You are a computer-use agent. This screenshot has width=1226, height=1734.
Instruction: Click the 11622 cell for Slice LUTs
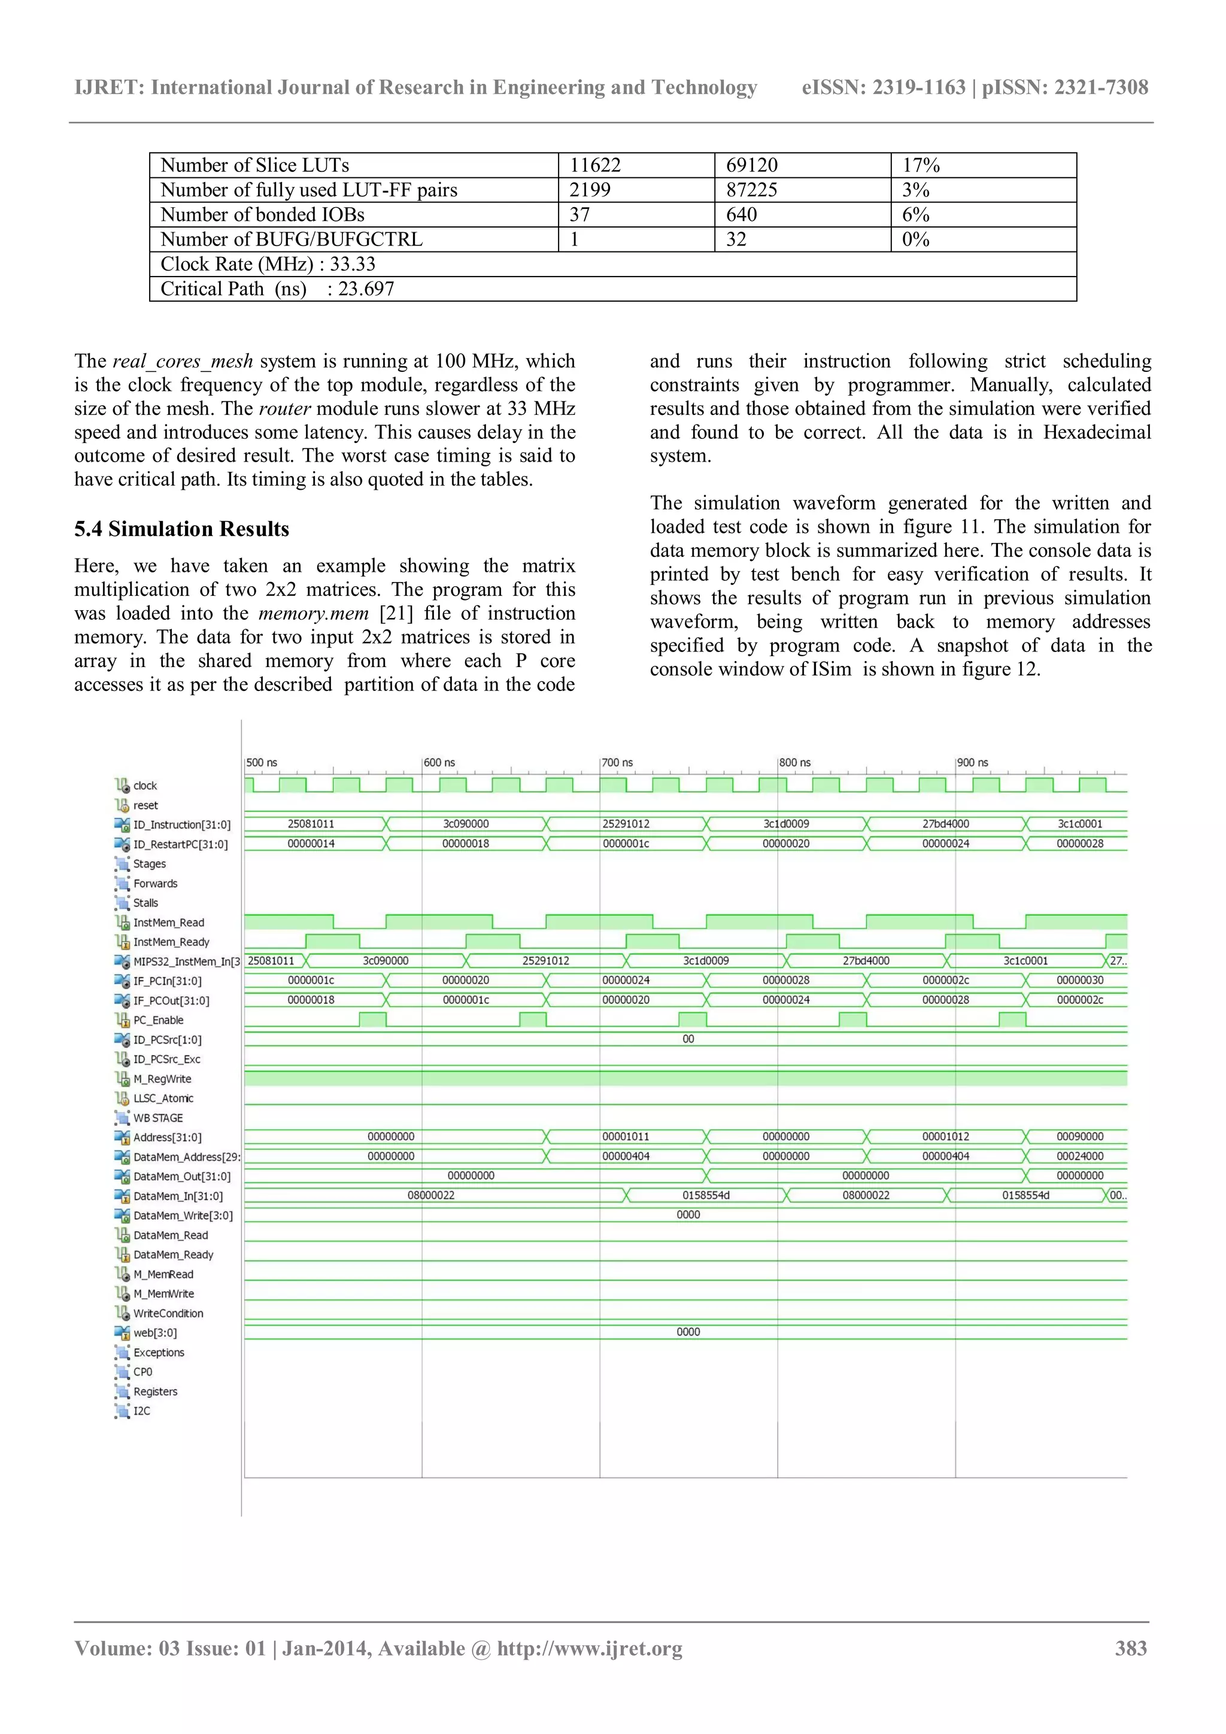[x=595, y=165]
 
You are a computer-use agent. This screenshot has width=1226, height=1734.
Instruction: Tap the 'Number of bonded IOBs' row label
[x=262, y=214]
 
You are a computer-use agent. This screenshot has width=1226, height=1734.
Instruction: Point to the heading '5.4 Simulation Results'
[x=181, y=529]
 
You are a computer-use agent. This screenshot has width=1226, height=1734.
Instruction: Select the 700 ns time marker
[x=618, y=763]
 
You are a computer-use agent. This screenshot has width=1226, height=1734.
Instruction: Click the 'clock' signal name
[x=145, y=786]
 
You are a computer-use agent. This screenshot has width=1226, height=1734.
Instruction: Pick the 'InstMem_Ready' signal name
[x=171, y=942]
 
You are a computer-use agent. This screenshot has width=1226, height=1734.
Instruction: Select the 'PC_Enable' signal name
[x=159, y=1020]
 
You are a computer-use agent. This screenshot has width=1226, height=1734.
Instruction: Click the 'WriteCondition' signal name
[x=168, y=1313]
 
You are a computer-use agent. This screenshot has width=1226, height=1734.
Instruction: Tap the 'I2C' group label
[x=142, y=1411]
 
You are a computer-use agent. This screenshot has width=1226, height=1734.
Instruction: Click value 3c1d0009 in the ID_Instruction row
[x=786, y=824]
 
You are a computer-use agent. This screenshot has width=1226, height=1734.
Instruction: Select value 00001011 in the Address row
[x=626, y=1136]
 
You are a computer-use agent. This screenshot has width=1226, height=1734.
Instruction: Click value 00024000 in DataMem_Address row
[x=1079, y=1156]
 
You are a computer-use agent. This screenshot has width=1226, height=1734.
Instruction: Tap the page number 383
[x=1131, y=1648]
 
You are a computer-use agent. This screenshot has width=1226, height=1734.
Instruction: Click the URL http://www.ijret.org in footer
[x=590, y=1648]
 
